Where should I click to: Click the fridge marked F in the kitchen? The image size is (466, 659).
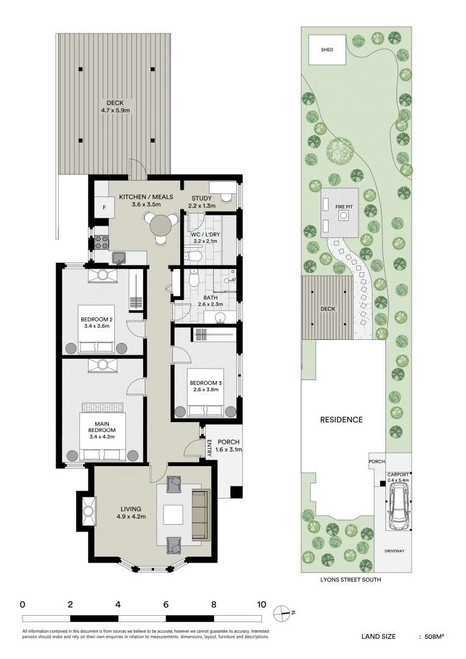pos(104,207)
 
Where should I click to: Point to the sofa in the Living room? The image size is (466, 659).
pos(200,515)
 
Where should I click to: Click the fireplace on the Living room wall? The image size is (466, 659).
pos(87,510)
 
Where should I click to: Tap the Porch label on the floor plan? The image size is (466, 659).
pos(229,442)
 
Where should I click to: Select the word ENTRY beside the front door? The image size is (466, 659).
pos(209,448)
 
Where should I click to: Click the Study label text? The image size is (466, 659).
pos(202,198)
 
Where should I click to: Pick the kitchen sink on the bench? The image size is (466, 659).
pos(118,257)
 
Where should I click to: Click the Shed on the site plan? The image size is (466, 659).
pos(327,49)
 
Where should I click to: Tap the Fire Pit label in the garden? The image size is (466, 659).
pos(344,207)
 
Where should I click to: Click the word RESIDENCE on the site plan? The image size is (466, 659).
pos(341,419)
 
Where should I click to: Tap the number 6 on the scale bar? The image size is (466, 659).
pos(166,605)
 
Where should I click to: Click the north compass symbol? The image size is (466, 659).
pos(282,612)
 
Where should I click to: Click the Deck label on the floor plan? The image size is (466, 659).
pos(115,103)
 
